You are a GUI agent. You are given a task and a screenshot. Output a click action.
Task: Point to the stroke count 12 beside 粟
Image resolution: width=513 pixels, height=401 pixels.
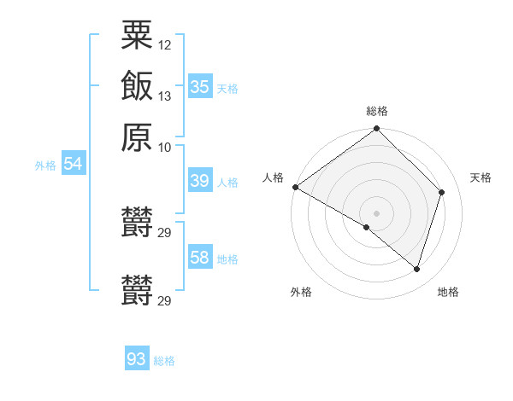click(165, 44)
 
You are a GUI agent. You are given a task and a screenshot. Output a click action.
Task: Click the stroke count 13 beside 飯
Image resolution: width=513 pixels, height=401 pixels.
click(165, 96)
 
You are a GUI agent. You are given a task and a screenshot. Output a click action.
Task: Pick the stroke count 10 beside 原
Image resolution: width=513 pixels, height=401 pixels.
click(165, 147)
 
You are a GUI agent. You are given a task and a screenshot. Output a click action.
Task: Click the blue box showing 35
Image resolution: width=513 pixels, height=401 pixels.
click(199, 86)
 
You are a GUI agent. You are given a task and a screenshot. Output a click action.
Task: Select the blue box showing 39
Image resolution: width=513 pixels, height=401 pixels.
click(199, 181)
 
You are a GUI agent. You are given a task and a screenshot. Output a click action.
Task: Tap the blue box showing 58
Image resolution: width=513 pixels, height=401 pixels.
click(199, 258)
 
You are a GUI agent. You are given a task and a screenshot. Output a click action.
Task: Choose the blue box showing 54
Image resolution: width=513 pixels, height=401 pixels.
click(73, 164)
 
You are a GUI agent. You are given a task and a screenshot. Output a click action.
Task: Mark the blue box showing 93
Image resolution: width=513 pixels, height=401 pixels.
click(136, 359)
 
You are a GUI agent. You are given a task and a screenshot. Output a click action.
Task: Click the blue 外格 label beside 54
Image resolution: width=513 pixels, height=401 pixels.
click(45, 166)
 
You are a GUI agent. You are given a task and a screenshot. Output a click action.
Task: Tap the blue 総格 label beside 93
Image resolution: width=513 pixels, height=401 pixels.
click(164, 361)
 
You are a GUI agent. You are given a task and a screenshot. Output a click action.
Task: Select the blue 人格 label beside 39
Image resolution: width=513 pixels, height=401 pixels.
click(227, 183)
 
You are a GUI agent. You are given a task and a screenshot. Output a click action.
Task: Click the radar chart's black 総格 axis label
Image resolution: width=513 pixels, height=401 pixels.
click(377, 111)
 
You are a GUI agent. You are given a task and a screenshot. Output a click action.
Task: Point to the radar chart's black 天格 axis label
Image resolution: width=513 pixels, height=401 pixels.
click(481, 177)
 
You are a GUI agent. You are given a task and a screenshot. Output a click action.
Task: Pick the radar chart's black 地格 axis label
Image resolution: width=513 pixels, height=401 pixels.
click(448, 292)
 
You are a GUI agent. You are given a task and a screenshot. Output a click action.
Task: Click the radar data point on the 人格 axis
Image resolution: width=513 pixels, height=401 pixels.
click(295, 187)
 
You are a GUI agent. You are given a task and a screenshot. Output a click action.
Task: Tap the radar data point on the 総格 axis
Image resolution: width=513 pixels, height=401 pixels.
click(377, 130)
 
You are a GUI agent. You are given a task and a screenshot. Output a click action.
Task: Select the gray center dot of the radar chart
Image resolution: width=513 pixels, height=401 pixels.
click(377, 212)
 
